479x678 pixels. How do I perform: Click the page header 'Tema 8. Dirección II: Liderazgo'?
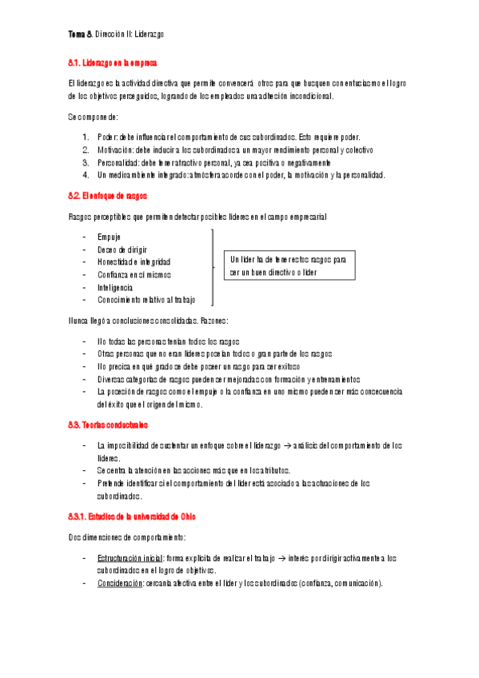point(116,35)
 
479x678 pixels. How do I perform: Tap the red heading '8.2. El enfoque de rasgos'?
point(108,196)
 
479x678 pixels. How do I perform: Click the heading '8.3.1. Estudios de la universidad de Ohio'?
point(132,515)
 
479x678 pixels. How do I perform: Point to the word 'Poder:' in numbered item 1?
point(108,138)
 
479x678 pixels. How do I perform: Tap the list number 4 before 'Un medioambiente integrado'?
point(86,174)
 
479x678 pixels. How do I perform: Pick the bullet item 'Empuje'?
point(109,237)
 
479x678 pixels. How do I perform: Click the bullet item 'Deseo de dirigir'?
point(122,249)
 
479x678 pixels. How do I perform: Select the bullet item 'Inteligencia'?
point(115,287)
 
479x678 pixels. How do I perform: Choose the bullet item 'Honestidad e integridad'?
point(134,262)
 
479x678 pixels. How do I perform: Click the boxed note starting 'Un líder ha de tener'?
point(289,266)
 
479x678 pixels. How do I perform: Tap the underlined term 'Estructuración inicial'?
point(130,557)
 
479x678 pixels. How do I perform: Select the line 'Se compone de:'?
point(94,117)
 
